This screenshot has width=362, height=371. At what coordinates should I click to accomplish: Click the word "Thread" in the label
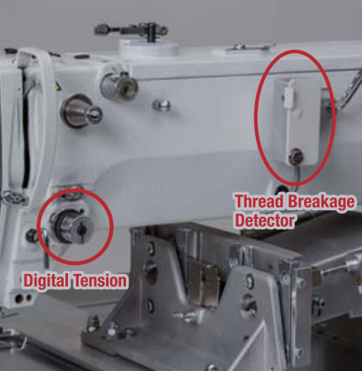tap(259, 201)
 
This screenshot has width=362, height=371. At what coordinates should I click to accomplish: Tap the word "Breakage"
tap(321, 202)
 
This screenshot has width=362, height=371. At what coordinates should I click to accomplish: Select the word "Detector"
tap(264, 220)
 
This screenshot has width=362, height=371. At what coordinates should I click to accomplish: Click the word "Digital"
tap(46, 280)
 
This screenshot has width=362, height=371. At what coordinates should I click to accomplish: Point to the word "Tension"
tap(100, 281)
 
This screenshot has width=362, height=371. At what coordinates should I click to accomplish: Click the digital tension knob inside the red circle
tap(72, 225)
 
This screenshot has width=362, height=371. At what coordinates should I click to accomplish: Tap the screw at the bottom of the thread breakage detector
tap(296, 157)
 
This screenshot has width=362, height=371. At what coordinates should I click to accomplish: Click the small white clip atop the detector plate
tap(289, 94)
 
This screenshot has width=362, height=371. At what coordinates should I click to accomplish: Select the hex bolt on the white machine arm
tap(162, 105)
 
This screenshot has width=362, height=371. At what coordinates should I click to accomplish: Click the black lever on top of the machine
tap(131, 31)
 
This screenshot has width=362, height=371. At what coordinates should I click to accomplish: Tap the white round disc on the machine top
tap(149, 47)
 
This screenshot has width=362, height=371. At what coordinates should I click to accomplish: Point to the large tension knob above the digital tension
tap(80, 111)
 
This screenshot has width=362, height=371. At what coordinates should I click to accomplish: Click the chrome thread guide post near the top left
tap(119, 86)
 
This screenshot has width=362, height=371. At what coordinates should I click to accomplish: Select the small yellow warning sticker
tap(57, 86)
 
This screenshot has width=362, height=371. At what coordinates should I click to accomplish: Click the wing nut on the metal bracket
tap(189, 316)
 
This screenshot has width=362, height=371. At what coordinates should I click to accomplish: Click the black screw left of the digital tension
tap(31, 235)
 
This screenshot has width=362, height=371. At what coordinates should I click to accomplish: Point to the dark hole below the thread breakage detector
tap(282, 190)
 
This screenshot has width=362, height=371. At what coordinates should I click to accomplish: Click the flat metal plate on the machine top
tap(249, 47)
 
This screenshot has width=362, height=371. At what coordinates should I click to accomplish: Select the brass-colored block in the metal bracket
tap(204, 283)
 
